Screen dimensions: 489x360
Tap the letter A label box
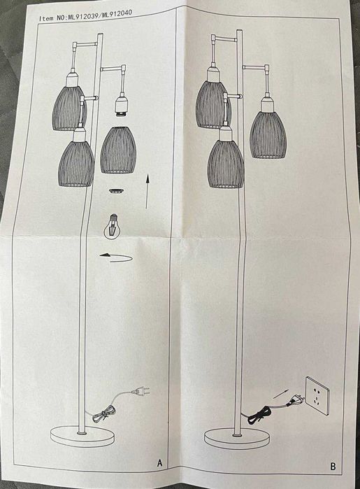pyautogui.click(x=159, y=462)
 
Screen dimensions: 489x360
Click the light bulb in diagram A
pyautogui.click(x=112, y=225)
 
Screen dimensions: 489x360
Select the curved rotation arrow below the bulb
pyautogui.click(x=115, y=257)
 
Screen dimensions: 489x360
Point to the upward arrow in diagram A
pyautogui.click(x=147, y=193)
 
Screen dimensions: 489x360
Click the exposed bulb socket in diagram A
pyautogui.click(x=120, y=108)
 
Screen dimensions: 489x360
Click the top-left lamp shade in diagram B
pyautogui.click(x=212, y=105)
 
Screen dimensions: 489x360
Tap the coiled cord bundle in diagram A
pyautogui.click(x=103, y=413)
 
